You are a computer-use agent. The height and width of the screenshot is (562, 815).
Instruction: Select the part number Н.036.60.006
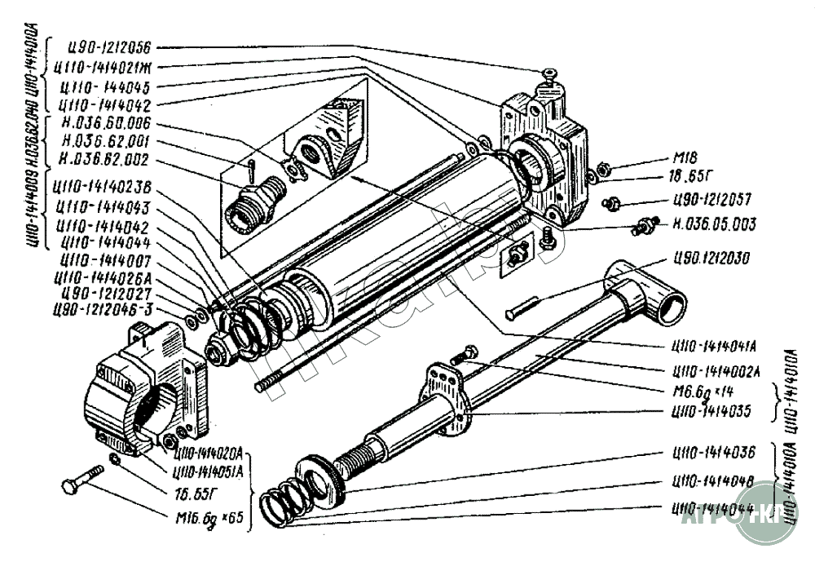pos(106,124)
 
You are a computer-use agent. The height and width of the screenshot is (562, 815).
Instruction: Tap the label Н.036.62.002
pos(105,162)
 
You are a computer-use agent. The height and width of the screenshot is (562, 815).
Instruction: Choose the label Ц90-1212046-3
pos(101,308)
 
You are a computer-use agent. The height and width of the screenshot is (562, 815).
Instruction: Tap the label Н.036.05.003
pos(715,224)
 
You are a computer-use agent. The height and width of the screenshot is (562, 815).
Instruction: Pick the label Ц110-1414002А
pos(713,372)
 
